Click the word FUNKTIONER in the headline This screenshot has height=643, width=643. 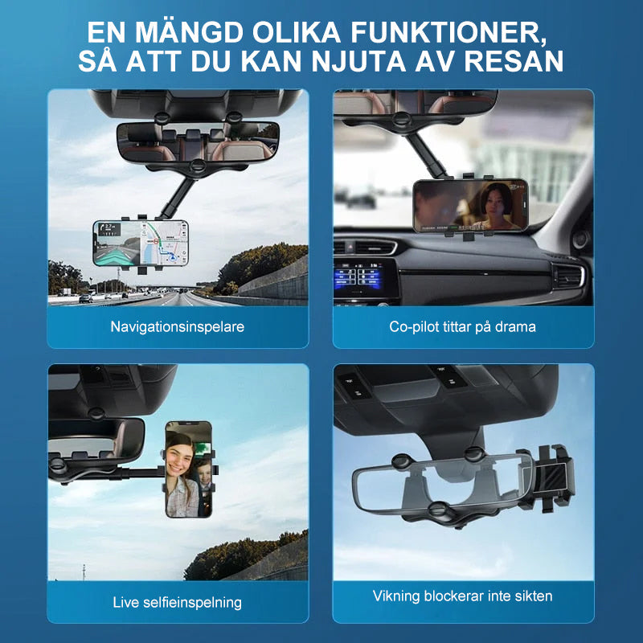tap(448, 32)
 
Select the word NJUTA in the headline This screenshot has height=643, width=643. tap(358, 62)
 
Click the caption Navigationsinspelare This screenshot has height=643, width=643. tap(177, 327)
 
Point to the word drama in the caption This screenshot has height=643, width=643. tap(515, 327)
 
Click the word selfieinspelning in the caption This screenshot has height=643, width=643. tap(192, 603)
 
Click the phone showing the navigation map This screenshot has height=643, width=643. tap(141, 243)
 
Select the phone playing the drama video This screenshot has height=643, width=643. tap(471, 206)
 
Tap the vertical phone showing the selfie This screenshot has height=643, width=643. tap(189, 469)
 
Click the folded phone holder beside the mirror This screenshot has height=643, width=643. tap(547, 477)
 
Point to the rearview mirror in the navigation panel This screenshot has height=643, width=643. tap(198, 142)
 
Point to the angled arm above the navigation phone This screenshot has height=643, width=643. tap(177, 199)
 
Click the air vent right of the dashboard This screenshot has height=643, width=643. tap(569, 276)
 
